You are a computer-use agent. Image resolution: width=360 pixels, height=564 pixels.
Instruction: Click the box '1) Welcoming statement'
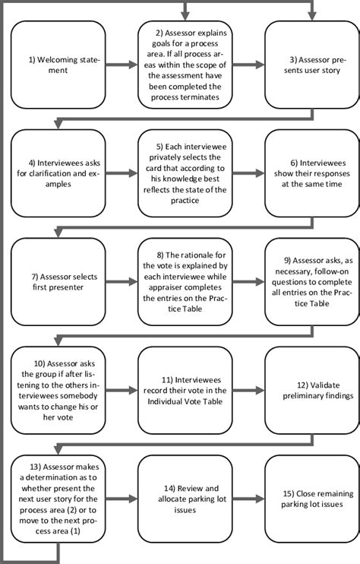tap(58, 65)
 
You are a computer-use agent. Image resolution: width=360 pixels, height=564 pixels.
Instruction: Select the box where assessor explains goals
tap(185, 65)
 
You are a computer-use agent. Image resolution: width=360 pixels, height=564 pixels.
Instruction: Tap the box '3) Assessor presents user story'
tap(311, 65)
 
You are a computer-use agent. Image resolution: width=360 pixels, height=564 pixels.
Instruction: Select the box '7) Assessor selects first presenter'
tap(58, 282)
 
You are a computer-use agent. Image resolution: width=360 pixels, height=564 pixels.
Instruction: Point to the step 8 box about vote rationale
tap(185, 282)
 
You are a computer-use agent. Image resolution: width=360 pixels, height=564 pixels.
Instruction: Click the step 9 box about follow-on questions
tap(311, 282)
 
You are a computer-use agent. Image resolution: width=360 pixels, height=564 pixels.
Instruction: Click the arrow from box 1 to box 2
tap(121, 65)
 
